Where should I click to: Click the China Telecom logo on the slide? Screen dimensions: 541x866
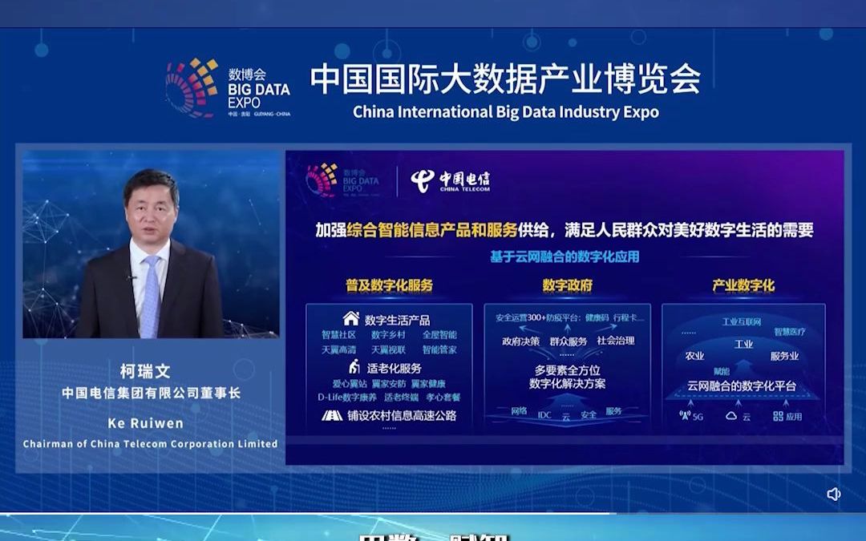[450, 181]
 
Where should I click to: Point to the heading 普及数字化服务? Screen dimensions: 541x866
[390, 285]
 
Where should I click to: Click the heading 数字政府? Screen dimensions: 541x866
[567, 285]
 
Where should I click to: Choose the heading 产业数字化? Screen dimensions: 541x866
[743, 285]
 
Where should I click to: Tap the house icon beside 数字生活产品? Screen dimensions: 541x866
[351, 319]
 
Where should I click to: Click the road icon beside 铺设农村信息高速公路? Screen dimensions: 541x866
[332, 415]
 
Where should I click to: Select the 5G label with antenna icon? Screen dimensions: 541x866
[691, 417]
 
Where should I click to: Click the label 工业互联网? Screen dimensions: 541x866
[741, 321]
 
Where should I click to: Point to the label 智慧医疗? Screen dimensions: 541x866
[790, 332]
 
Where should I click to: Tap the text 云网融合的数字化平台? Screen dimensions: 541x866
[743, 386]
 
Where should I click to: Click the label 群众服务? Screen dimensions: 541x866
[568, 341]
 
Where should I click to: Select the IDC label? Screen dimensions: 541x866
[544, 414]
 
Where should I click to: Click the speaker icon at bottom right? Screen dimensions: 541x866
[834, 494]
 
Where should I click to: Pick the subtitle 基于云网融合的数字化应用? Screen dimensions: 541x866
[565, 257]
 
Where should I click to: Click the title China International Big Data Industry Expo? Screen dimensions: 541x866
[506, 112]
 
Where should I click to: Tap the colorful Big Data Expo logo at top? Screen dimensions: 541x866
[192, 87]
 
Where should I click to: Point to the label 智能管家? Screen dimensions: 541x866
[439, 349]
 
